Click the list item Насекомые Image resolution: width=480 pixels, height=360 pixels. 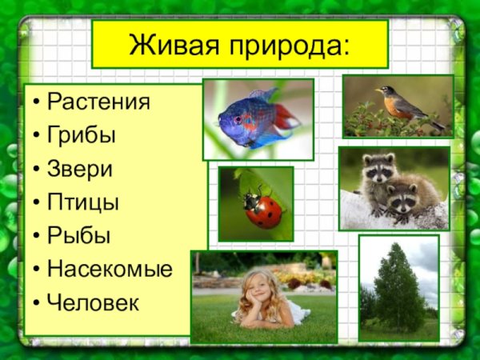pos(109,270)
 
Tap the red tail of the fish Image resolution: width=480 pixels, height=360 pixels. pos(286,118)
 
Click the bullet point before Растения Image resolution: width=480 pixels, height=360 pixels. pos(37,103)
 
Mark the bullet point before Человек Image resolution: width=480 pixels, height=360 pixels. pos(37,304)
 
